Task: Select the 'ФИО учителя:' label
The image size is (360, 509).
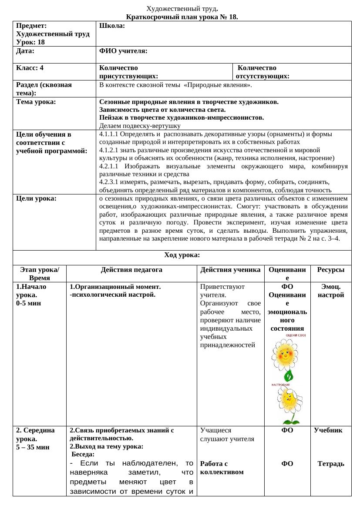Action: [123, 51]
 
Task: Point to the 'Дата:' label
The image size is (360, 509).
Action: [25, 51]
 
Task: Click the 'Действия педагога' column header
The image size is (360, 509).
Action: [131, 270]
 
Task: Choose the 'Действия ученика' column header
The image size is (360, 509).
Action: [230, 270]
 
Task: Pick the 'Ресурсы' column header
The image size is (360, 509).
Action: [331, 270]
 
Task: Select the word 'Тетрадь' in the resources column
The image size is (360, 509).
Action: [331, 464]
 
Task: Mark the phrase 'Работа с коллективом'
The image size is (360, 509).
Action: [221, 468]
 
